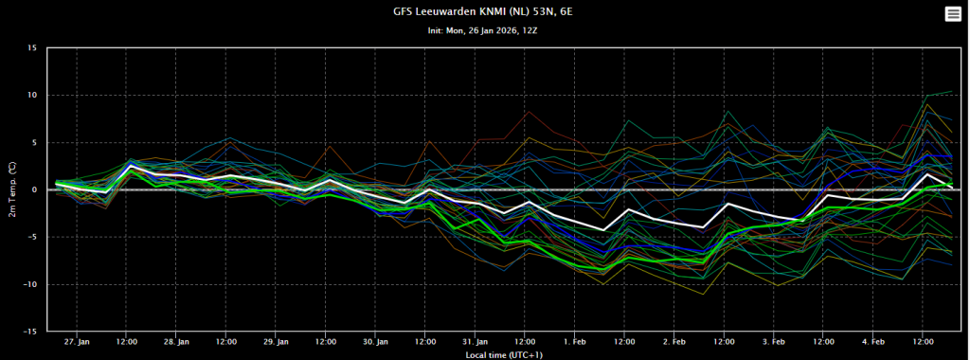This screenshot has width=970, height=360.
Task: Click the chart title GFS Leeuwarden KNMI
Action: (x=482, y=11)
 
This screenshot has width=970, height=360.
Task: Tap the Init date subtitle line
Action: (x=482, y=30)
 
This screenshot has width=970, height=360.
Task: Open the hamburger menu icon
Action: (x=953, y=14)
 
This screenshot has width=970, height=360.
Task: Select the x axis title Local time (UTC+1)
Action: (x=498, y=355)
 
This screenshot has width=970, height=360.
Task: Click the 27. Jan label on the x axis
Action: (x=77, y=341)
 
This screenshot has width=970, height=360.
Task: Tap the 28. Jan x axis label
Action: (x=176, y=341)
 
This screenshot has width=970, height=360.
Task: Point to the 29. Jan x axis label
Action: (x=276, y=341)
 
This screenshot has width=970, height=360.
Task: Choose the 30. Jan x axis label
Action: (x=375, y=341)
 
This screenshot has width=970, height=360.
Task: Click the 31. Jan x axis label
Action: (x=476, y=341)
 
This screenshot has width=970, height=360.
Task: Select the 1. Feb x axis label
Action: (x=575, y=341)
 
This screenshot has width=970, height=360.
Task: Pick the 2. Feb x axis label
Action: (x=674, y=341)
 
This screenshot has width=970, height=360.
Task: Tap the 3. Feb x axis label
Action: (x=774, y=341)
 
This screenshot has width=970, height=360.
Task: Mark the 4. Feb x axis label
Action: (x=873, y=341)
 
